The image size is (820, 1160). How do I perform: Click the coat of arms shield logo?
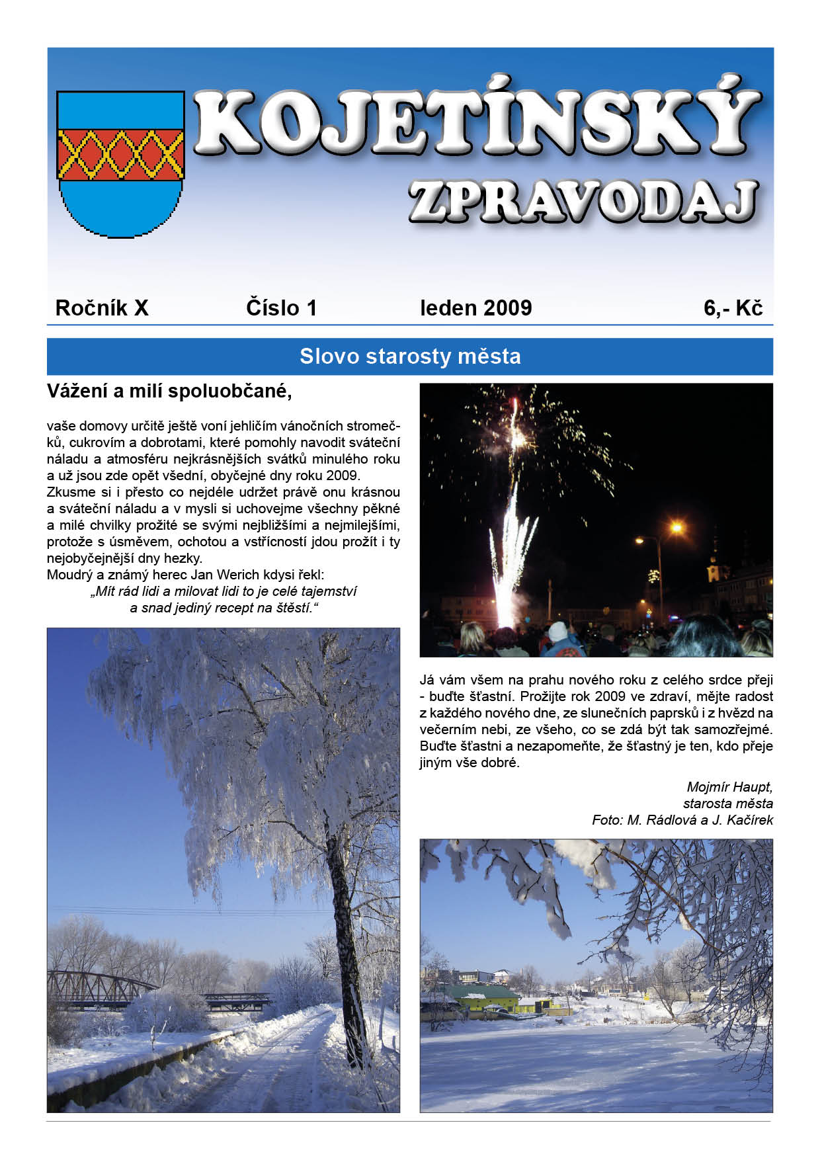120,163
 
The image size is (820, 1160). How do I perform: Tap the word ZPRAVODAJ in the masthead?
582,201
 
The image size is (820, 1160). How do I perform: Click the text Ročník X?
102,308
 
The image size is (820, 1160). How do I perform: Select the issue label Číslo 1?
281,308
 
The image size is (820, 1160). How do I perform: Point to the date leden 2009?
475,308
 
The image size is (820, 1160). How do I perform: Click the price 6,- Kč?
733,308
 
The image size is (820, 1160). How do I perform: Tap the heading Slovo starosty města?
410,356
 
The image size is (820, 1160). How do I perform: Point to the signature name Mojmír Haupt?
729,787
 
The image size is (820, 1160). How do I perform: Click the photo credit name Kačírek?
749,820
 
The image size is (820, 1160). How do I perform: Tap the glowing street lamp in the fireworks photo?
676,528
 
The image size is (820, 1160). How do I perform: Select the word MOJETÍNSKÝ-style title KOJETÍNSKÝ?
476,122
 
